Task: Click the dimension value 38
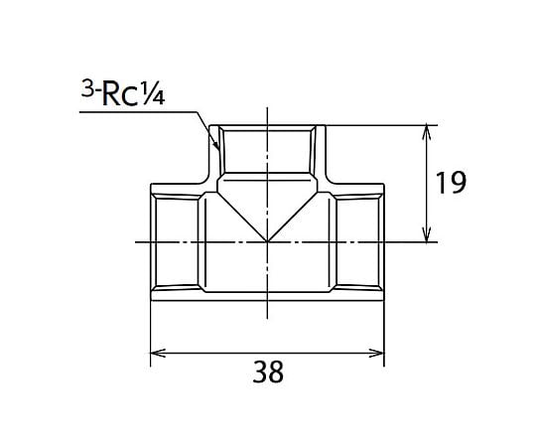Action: click(x=268, y=372)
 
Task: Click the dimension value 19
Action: click(x=451, y=183)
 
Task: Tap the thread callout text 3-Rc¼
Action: click(x=123, y=92)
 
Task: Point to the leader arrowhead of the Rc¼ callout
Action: click(x=216, y=145)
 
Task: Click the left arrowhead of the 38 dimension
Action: click(x=158, y=353)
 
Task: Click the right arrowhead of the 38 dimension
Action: click(x=377, y=353)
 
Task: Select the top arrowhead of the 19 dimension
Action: click(x=426, y=133)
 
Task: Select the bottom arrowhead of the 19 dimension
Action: click(x=426, y=234)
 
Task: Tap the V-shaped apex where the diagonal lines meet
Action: click(x=267, y=241)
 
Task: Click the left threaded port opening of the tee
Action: click(x=175, y=241)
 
